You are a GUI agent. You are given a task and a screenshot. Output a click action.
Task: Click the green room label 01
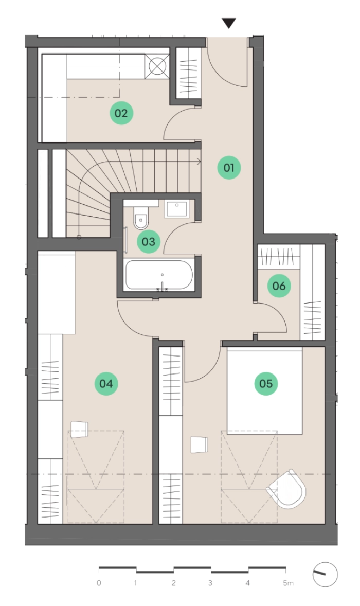pyautogui.click(x=229, y=167)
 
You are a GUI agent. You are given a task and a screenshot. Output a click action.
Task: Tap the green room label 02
pyautogui.click(x=121, y=113)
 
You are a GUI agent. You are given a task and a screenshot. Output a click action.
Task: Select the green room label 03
pyautogui.click(x=149, y=242)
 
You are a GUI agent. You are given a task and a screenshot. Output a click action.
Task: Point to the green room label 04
pyautogui.click(x=106, y=383)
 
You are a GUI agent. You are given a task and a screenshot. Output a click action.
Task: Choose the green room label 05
pyautogui.click(x=266, y=383)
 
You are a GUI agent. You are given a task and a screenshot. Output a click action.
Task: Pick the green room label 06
pyautogui.click(x=279, y=286)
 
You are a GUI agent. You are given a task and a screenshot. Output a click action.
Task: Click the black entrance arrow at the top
pyautogui.click(x=229, y=24)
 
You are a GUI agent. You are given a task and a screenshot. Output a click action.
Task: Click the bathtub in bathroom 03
pyautogui.click(x=159, y=275)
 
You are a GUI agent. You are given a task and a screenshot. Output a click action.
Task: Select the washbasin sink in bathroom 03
pyautogui.click(x=176, y=209)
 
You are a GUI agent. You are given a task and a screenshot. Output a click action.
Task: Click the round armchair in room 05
pyautogui.click(x=287, y=489)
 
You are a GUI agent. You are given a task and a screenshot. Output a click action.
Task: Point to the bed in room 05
pyautogui.click(x=264, y=391)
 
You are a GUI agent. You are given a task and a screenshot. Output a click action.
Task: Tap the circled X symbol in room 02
pyautogui.click(x=157, y=66)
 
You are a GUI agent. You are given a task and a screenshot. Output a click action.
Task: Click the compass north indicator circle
pyautogui.click(x=325, y=575)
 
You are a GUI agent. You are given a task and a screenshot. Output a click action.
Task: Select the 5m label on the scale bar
pyautogui.click(x=288, y=583)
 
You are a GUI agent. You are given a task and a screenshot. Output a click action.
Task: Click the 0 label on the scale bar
pyautogui.click(x=99, y=583)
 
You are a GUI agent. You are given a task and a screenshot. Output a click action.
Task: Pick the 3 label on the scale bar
pyautogui.click(x=210, y=583)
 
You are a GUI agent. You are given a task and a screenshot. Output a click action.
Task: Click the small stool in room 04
pyautogui.click(x=79, y=430)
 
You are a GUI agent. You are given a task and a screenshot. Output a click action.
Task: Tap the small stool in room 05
pyautogui.click(x=200, y=444)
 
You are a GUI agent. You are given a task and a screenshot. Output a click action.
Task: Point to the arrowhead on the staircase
pyautogui.click(x=200, y=162)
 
